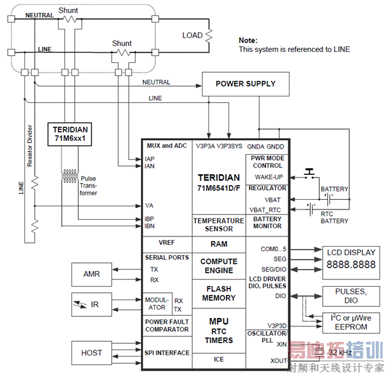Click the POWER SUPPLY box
(245, 84)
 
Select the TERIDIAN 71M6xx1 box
(71, 134)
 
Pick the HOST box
(91, 353)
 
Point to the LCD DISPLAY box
(351, 259)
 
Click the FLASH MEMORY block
(219, 293)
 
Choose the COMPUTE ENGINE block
(219, 266)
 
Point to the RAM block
(219, 244)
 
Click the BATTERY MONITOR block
(267, 222)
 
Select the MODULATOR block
(157, 303)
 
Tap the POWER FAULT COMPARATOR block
(167, 326)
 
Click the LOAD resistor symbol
(208, 35)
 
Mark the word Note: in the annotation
(248, 40)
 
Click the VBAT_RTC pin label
(266, 209)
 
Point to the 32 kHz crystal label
(339, 353)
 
